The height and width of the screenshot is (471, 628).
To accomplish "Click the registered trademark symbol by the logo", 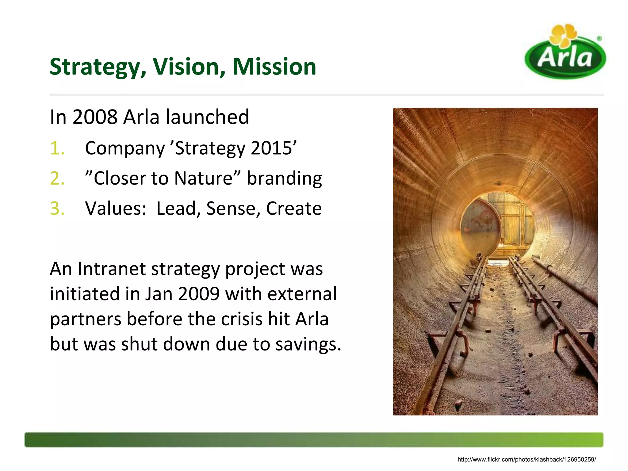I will click(x=599, y=39).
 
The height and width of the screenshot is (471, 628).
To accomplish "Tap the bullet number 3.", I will click(x=57, y=209).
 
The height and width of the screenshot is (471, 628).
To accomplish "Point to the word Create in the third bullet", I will click(x=294, y=209).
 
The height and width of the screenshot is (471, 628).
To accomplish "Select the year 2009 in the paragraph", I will click(x=199, y=294).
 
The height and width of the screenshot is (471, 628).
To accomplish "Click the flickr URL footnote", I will click(x=527, y=459).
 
